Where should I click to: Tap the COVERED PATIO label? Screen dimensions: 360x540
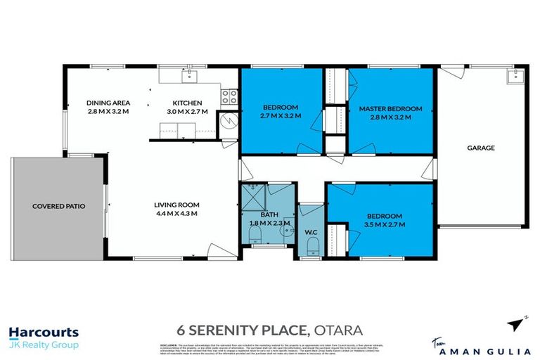[58, 207]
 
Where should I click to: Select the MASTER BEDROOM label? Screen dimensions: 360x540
[390, 109]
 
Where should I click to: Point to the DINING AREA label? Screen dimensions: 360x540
[108, 102]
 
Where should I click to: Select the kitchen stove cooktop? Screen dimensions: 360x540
[229, 97]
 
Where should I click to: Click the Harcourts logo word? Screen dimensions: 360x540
[44, 333]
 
